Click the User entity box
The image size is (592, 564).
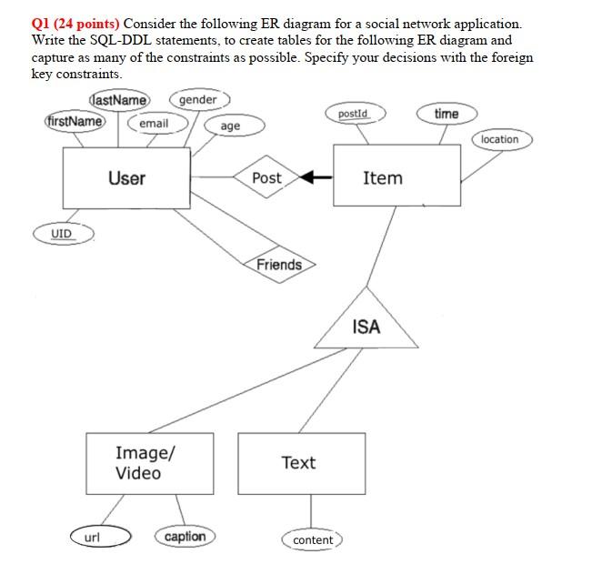point(126,178)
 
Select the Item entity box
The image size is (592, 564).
point(381,178)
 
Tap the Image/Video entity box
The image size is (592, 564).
point(138,463)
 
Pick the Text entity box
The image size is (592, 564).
point(300,463)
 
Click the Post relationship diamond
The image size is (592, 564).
point(266,178)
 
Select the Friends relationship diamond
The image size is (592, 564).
point(278,265)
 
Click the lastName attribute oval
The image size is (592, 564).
point(120,100)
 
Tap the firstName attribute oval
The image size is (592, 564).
point(75,121)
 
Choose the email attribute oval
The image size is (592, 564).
point(154,123)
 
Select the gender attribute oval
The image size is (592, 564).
point(199,99)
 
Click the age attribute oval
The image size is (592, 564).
point(231,126)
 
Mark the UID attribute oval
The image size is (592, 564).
point(61,234)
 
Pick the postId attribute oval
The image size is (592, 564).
point(353,114)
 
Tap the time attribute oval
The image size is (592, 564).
point(447,114)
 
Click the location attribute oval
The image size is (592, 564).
point(499,139)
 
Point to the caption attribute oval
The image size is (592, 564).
point(186,537)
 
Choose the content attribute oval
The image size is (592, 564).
point(313,540)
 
